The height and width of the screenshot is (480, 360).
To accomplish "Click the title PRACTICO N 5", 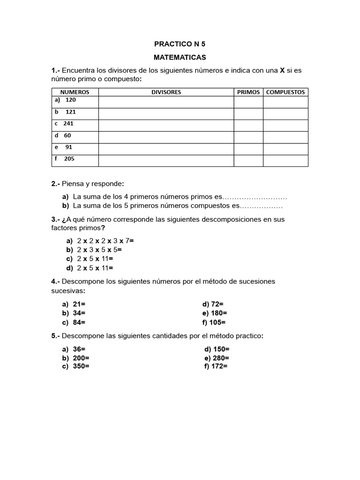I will pyautogui.click(x=180, y=45).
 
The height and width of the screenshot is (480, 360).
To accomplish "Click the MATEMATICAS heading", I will pyautogui.click(x=180, y=58).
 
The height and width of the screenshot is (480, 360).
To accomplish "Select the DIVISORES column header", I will pyautogui.click(x=166, y=92).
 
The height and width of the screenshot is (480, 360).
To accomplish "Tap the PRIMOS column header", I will pyautogui.click(x=248, y=92).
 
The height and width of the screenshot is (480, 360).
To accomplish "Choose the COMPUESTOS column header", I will pyautogui.click(x=285, y=92).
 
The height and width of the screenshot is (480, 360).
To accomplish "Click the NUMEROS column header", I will pyautogui.click(x=75, y=92).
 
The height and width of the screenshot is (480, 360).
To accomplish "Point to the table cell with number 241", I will pyautogui.click(x=68, y=124).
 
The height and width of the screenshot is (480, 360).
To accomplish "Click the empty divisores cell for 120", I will pyautogui.click(x=166, y=102).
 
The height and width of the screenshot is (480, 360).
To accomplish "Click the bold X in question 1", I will pyautogui.click(x=282, y=70).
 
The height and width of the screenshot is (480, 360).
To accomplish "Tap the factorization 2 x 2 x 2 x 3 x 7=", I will pyautogui.click(x=105, y=241).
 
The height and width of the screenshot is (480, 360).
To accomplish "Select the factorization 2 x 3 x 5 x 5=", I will pyautogui.click(x=99, y=250).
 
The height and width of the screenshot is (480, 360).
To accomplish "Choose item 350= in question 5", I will pyautogui.click(x=81, y=367).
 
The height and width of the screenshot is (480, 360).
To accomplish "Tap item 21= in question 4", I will pyautogui.click(x=79, y=304).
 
